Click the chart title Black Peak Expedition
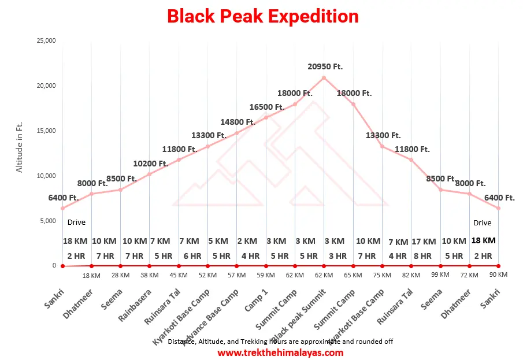click(x=263, y=16)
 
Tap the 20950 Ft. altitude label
click(x=325, y=66)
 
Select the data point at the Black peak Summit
click(x=324, y=77)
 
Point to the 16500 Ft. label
click(x=267, y=107)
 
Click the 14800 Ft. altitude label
click(x=238, y=122)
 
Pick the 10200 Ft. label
click(x=150, y=164)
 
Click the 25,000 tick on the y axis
click(x=46, y=41)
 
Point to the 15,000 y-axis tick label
click(x=46, y=131)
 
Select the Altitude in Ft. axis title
click(x=20, y=147)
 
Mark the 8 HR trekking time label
click(x=423, y=256)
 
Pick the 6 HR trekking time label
click(x=192, y=256)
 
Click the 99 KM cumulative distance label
click(x=440, y=274)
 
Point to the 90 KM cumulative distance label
click(x=498, y=274)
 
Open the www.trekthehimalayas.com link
click(x=280, y=352)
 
